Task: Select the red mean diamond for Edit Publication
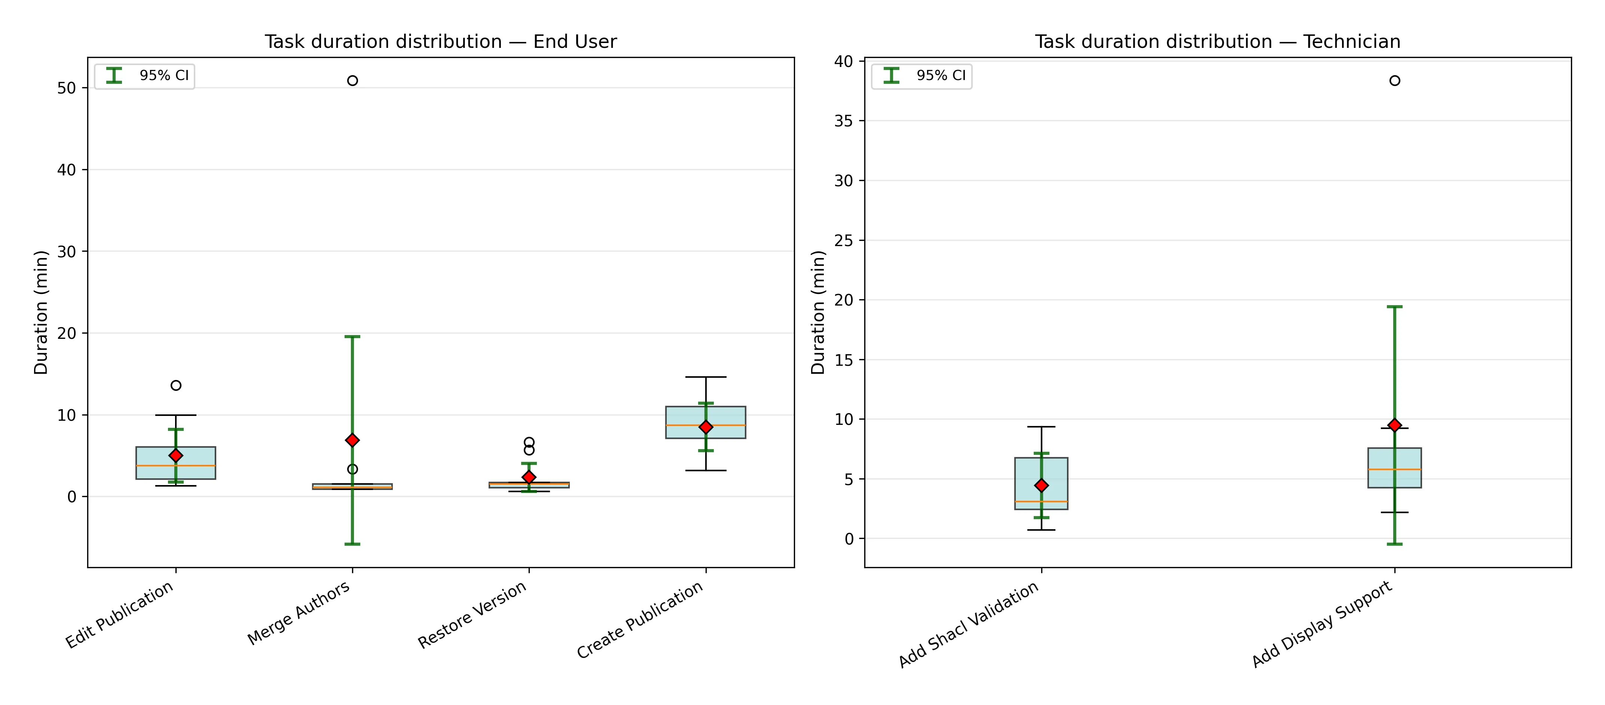coord(176,455)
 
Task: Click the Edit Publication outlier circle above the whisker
coord(176,386)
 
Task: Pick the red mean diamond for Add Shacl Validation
coord(1041,485)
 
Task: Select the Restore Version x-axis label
coord(472,615)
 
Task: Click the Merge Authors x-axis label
coord(299,613)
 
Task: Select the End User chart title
coord(440,42)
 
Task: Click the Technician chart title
coord(1217,42)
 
